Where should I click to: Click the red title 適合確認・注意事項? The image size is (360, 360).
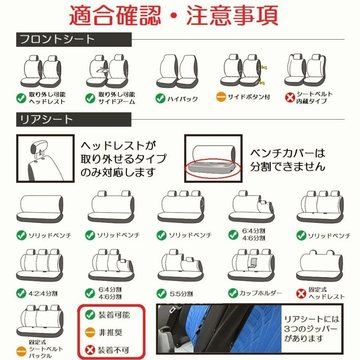point(174,16)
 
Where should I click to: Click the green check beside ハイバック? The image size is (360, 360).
point(160,98)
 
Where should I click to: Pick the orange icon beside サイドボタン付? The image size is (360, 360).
point(221,97)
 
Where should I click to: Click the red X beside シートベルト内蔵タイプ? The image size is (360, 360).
point(290,98)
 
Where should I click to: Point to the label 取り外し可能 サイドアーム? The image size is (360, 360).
point(116,98)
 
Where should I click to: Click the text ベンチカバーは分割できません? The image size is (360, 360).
point(287,160)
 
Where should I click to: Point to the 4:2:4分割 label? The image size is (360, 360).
point(43,293)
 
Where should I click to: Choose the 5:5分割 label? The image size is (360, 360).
point(181,293)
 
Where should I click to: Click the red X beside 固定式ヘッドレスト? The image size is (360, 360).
point(301,293)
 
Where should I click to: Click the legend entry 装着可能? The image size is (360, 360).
point(114,315)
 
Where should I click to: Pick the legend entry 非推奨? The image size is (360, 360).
point(110,332)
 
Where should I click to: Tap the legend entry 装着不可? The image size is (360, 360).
point(114,350)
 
